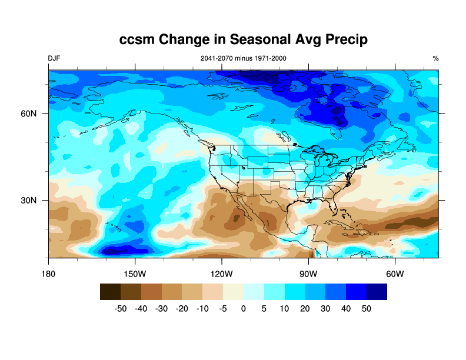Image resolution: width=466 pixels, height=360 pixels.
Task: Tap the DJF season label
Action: click(54, 58)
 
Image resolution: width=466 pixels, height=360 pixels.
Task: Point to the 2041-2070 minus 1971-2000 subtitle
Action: click(244, 58)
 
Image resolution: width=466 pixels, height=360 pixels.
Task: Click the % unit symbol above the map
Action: click(435, 58)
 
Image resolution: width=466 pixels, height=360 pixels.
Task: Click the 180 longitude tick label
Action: click(49, 274)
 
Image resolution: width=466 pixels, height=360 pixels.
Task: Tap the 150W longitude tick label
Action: click(135, 274)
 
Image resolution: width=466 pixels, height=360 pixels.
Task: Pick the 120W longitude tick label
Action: click(221, 274)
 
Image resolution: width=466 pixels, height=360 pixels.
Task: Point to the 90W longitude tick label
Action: click(308, 274)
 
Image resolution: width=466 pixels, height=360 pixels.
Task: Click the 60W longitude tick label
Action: click(394, 274)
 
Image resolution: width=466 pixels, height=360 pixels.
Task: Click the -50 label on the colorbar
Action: click(121, 308)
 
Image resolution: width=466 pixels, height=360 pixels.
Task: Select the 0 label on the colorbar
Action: click(244, 308)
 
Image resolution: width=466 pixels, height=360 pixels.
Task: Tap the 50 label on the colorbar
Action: click(367, 308)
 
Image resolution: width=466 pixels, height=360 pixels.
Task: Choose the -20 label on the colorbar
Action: click(182, 308)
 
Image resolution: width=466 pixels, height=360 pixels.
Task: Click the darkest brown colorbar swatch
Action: click(110, 292)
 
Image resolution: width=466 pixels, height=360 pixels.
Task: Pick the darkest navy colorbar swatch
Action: click(377, 292)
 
